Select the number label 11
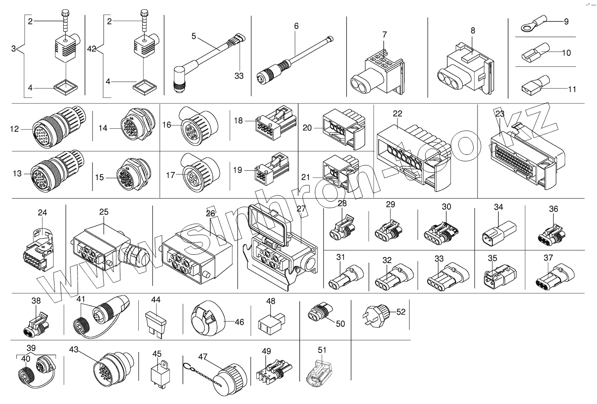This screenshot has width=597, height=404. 572,89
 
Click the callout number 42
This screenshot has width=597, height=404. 92,48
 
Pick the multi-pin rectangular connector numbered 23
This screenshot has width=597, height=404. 523,153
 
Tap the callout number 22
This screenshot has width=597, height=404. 397,114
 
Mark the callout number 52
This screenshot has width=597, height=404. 401,312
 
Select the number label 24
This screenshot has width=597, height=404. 42,213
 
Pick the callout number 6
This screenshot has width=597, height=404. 297,26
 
